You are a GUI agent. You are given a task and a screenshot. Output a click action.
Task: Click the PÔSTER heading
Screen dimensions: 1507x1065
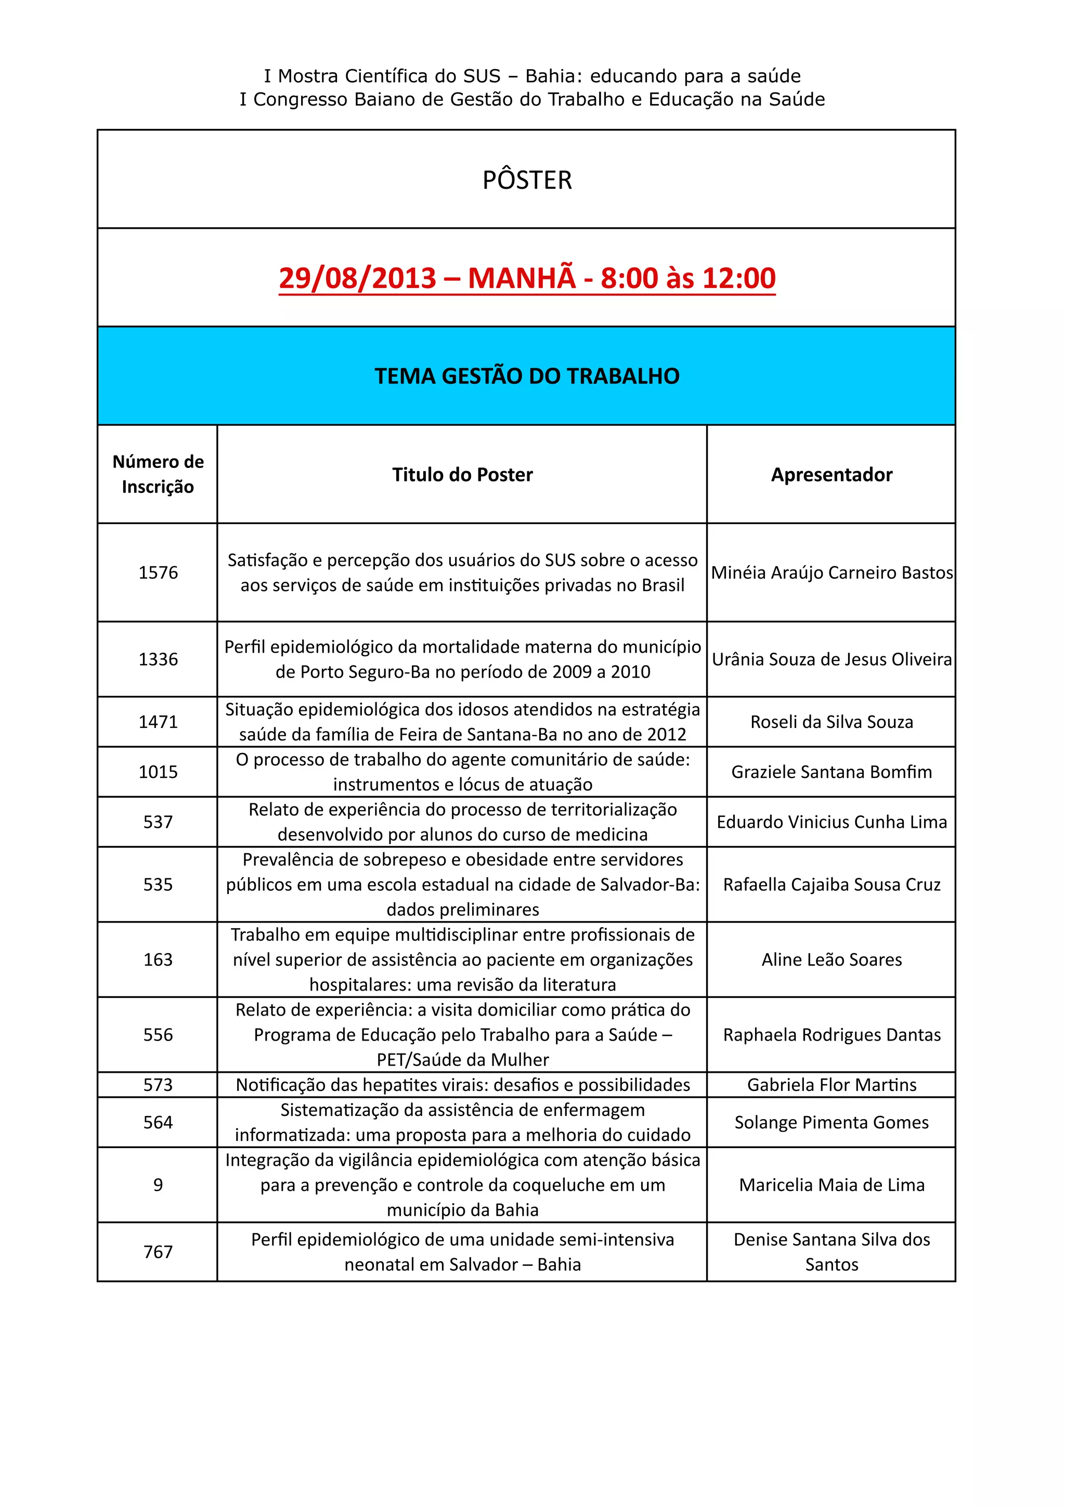527,180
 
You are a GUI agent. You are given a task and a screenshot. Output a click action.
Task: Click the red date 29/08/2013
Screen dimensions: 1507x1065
358,278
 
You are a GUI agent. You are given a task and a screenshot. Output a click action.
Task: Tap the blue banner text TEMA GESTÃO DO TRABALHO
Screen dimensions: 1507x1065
527,376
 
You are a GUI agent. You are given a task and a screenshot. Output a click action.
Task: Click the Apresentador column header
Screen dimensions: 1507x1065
832,475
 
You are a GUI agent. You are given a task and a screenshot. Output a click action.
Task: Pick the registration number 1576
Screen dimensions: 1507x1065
158,573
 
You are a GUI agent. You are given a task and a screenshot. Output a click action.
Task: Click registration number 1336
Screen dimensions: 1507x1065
158,659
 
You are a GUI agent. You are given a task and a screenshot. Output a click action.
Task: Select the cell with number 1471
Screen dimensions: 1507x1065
158,722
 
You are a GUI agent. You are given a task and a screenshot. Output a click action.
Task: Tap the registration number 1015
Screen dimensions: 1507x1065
158,772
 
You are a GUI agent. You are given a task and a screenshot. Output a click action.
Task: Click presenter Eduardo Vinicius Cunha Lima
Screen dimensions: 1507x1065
832,822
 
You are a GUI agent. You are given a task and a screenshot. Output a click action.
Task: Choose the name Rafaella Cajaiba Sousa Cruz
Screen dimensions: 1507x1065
832,885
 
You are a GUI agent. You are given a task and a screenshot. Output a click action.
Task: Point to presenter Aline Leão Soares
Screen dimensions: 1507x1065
832,959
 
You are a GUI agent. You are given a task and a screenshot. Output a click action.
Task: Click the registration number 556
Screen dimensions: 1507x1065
158,1034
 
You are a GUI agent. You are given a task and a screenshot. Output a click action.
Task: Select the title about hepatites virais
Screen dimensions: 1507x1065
463,1085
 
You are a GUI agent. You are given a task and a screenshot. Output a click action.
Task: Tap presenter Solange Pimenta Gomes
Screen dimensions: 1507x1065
832,1122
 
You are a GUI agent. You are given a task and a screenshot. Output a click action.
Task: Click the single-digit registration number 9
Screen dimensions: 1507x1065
158,1185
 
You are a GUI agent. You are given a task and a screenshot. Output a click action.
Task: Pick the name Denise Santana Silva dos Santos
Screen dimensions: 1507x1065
832,1252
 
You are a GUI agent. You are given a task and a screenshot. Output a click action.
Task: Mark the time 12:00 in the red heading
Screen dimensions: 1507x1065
739,278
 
